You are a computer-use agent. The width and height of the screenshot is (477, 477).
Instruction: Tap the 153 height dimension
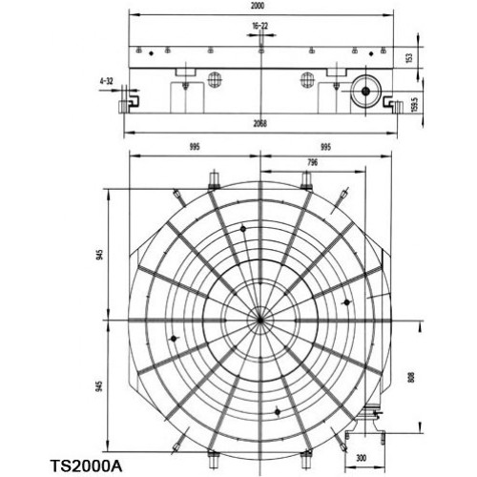[409, 57]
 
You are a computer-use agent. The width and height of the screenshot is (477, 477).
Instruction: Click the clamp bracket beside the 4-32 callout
[134, 99]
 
